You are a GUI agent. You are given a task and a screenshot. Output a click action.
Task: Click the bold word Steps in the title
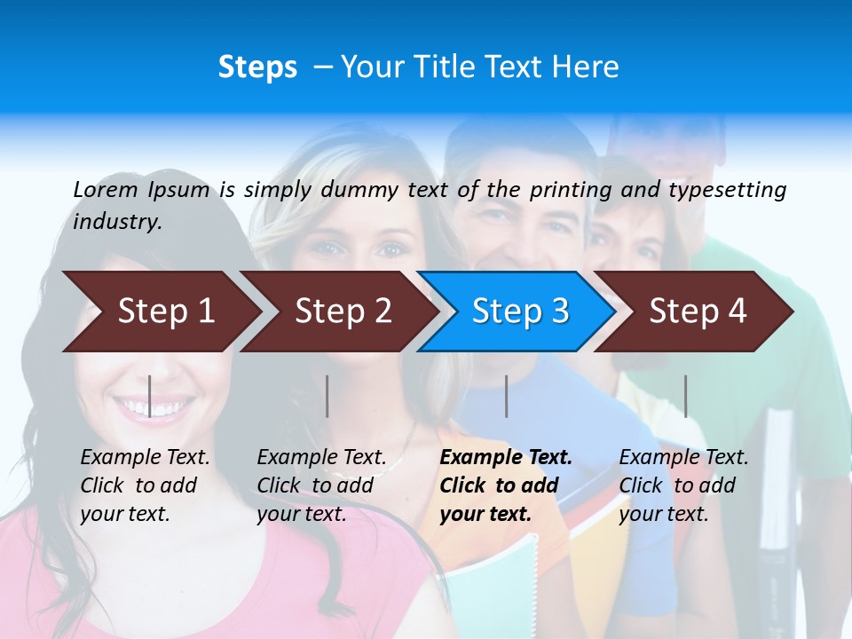(x=257, y=67)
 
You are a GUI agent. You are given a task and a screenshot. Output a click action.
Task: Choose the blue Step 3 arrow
(x=519, y=312)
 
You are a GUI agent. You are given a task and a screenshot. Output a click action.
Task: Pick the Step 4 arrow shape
(x=697, y=312)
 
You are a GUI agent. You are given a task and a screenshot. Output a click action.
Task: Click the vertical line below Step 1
(x=150, y=396)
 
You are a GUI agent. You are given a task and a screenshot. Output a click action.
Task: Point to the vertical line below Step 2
(x=327, y=396)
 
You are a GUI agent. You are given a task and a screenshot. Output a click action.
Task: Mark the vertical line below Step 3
(x=506, y=396)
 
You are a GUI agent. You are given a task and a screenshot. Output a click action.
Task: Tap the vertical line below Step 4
(x=685, y=396)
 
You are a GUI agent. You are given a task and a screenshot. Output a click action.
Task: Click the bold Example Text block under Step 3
(x=506, y=485)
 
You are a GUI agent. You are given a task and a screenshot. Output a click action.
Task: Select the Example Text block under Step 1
(x=145, y=485)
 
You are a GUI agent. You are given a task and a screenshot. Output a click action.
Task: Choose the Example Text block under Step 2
(x=321, y=485)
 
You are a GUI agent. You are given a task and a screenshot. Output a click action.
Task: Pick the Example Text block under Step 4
(x=683, y=485)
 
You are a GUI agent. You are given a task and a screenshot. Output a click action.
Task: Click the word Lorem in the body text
(x=106, y=189)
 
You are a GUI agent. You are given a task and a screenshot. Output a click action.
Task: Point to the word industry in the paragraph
(x=117, y=222)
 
